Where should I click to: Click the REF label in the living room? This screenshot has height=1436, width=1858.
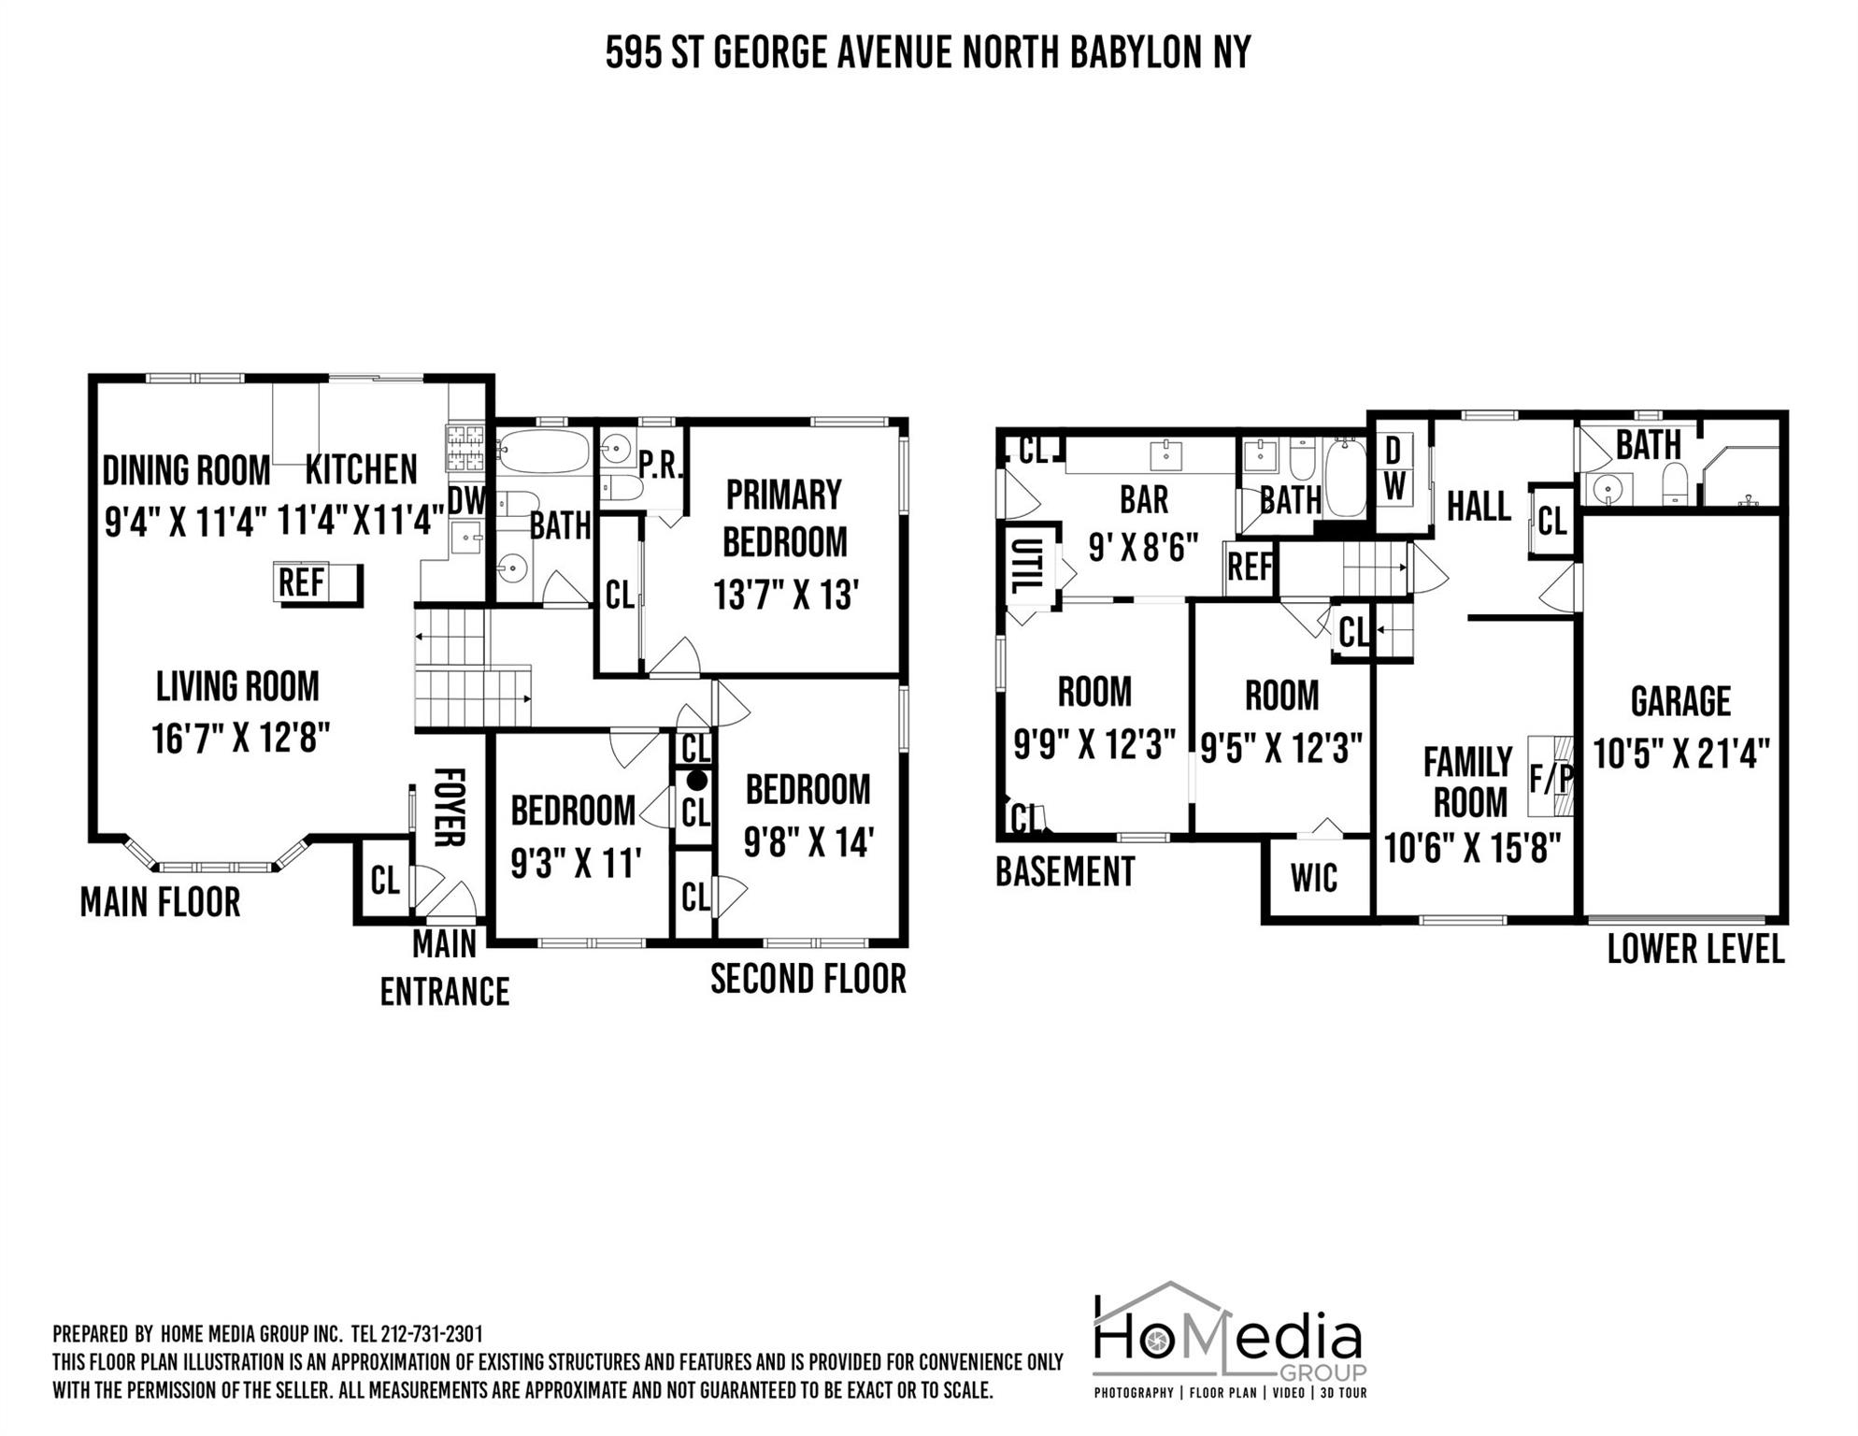(301, 583)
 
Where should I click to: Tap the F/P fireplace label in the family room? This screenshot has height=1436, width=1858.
(1551, 778)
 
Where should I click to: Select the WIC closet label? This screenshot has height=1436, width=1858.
(1313, 878)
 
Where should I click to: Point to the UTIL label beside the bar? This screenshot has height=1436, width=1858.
(1026, 566)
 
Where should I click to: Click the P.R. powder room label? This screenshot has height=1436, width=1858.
(661, 464)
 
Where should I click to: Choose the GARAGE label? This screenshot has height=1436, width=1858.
(1680, 701)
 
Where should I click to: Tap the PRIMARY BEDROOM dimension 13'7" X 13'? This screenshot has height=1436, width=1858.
(785, 595)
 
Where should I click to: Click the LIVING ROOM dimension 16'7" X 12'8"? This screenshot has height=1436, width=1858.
(241, 739)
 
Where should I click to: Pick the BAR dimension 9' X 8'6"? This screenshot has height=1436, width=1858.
(1143, 548)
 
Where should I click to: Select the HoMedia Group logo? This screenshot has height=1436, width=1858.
(1230, 1340)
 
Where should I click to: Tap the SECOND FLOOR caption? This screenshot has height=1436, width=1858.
(808, 979)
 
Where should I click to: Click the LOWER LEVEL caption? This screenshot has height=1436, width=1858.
(1695, 949)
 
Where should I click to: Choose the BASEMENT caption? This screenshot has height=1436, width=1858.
(1065, 871)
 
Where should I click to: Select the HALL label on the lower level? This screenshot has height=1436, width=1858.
(1479, 507)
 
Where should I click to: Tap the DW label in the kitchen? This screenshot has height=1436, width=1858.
(467, 501)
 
